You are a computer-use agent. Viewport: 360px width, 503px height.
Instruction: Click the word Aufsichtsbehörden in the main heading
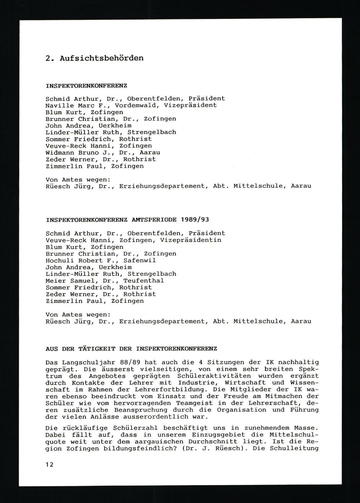(102, 58)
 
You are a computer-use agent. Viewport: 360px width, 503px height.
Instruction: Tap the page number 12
(50, 464)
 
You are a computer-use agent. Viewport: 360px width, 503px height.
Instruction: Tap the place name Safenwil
(140, 260)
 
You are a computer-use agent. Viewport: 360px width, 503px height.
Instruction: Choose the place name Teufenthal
(144, 280)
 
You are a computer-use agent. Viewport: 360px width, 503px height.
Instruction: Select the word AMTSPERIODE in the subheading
(154, 219)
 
